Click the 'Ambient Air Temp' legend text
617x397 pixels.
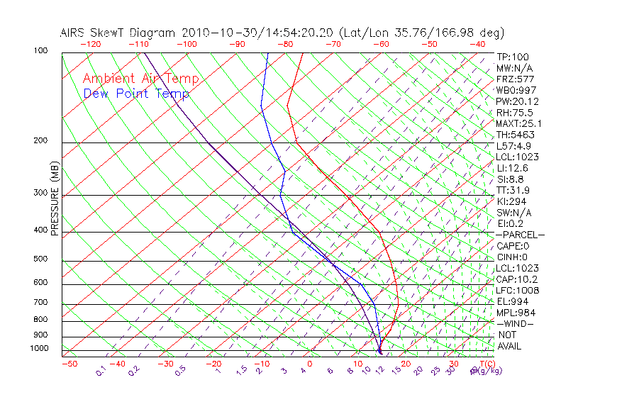140,79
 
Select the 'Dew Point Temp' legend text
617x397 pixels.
135,94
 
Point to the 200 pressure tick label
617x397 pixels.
40,140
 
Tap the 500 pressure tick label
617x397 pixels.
40,259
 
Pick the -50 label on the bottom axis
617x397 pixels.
69,364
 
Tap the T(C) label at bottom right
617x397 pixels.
486,364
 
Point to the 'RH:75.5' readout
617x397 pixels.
515,113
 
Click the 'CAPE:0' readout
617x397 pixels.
513,245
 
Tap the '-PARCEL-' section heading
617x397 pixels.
520,235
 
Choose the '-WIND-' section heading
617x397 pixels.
516,323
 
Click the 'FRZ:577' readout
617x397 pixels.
515,79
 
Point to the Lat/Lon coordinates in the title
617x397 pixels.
422,33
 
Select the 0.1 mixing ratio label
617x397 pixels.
101,370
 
